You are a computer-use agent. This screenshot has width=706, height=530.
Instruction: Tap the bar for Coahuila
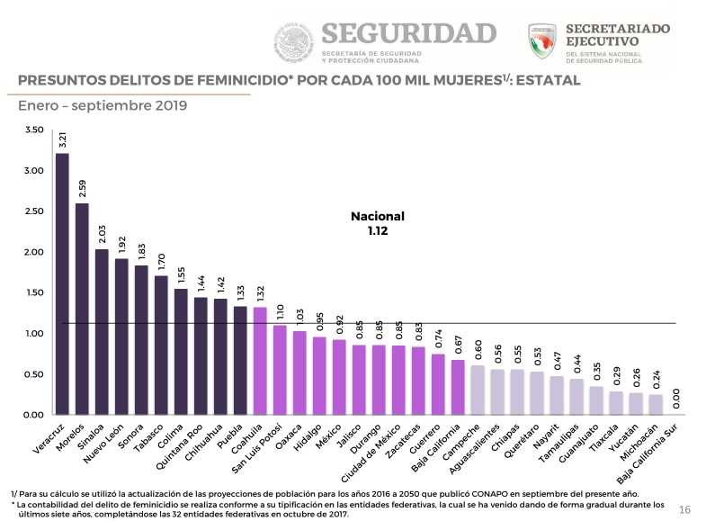[260, 361]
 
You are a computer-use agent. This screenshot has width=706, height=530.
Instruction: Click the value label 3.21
[62, 140]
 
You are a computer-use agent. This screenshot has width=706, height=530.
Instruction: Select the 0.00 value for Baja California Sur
[675, 399]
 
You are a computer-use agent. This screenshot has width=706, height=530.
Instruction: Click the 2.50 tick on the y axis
[33, 211]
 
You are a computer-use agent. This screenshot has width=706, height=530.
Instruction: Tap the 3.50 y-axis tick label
[33, 130]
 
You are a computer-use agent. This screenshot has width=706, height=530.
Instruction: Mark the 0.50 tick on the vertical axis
[33, 374]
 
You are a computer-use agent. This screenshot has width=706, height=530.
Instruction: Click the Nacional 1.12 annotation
[378, 223]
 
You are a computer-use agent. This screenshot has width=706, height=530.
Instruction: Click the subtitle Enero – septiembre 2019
[103, 106]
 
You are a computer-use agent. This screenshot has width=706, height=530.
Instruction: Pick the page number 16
[684, 510]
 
